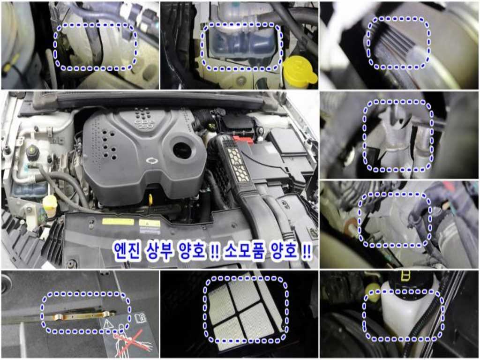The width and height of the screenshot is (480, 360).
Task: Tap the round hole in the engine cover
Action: pyautogui.click(x=182, y=150)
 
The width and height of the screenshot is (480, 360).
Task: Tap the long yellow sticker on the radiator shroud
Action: pyautogui.click(x=118, y=221)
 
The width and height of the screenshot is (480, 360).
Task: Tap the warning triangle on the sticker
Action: pyautogui.click(x=108, y=323)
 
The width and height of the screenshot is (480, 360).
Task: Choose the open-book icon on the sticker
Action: pyautogui.click(x=140, y=318)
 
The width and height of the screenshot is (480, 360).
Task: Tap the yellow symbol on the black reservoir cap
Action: pyautogui.click(x=405, y=277)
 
